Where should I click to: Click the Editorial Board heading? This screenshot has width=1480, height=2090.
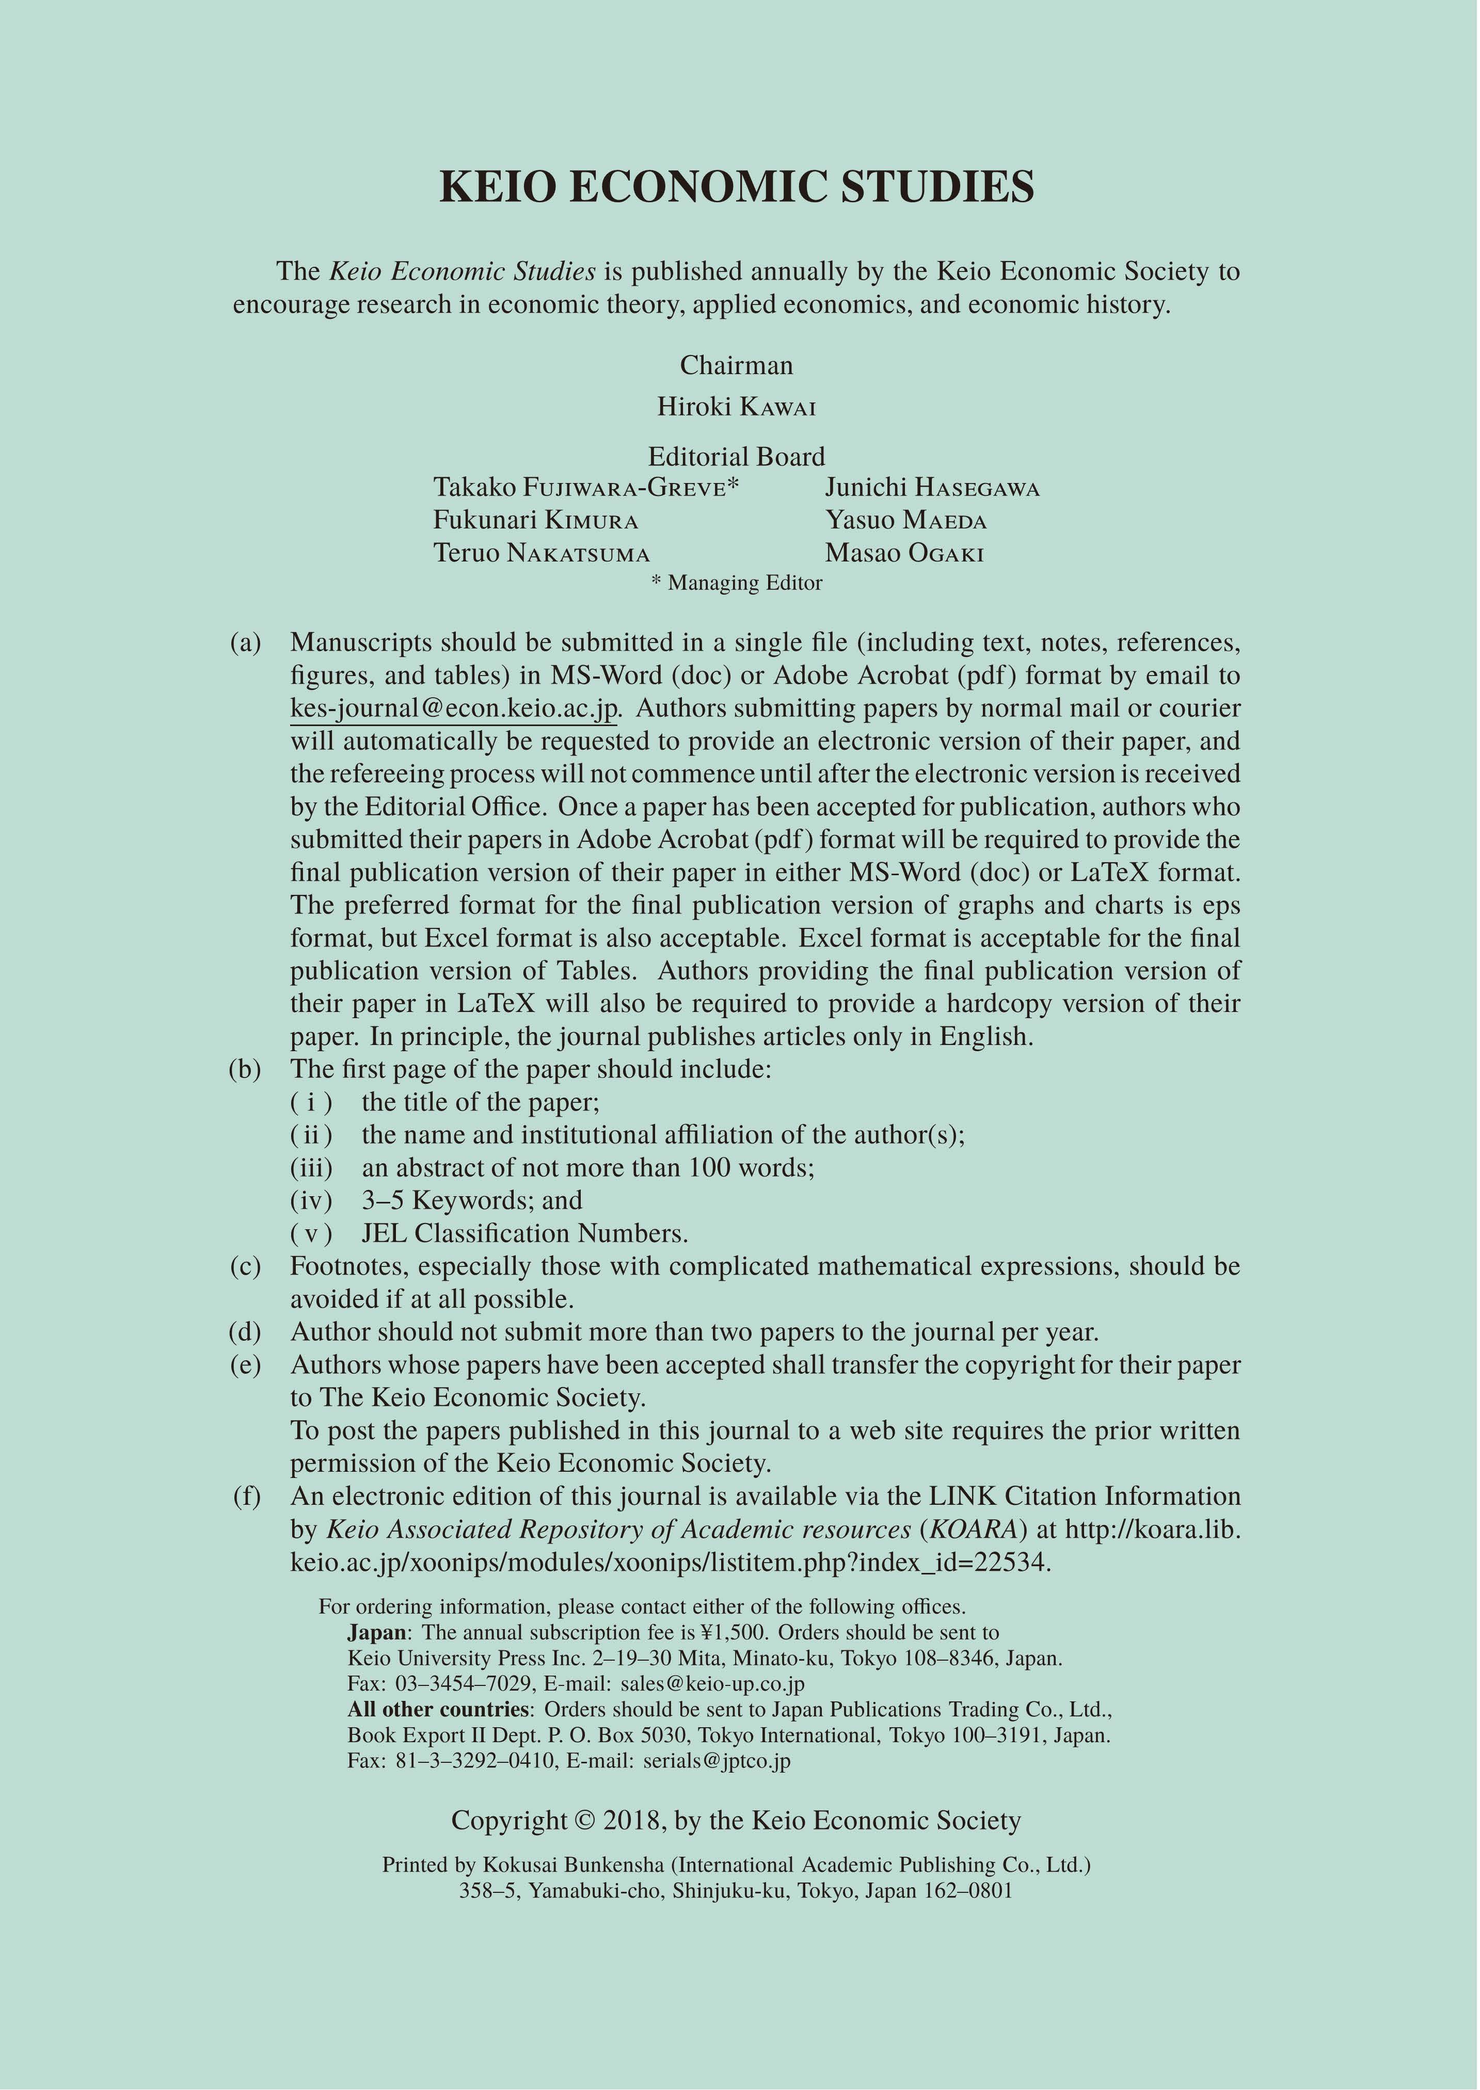[x=736, y=457]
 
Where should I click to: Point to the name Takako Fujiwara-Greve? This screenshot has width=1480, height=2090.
[x=585, y=488]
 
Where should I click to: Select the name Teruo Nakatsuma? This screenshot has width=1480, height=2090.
[x=542, y=554]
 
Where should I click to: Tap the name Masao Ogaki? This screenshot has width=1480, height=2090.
[x=904, y=554]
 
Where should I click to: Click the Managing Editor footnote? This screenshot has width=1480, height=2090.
[x=736, y=583]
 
